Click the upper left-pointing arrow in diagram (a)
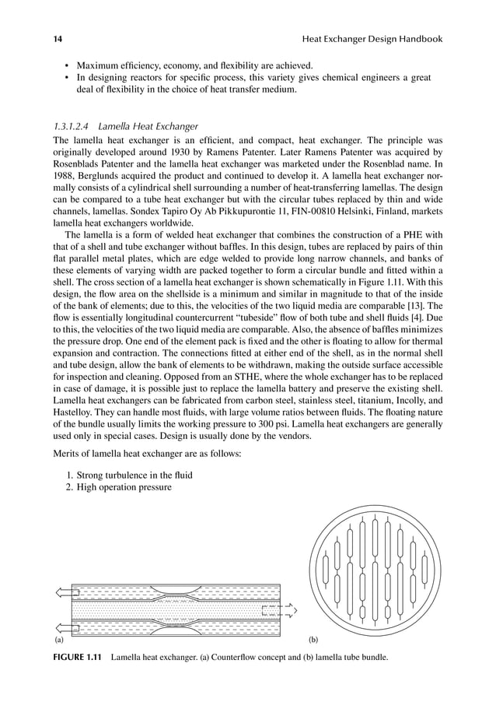[x=60, y=592]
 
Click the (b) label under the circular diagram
[x=313, y=644]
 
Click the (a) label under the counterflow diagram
[x=58, y=644]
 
